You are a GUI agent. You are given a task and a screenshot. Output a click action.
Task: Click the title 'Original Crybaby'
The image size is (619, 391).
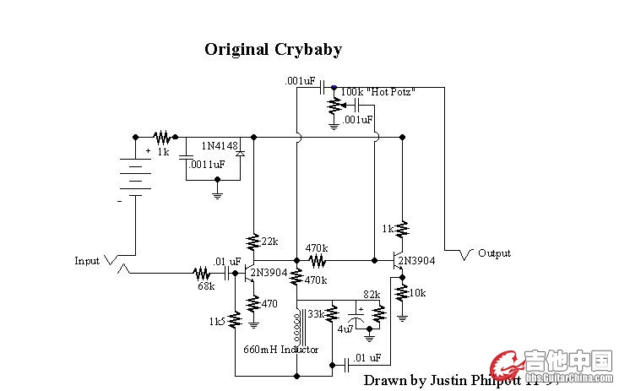[x=273, y=49]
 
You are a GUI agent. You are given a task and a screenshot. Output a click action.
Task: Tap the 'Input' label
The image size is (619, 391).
[x=87, y=261]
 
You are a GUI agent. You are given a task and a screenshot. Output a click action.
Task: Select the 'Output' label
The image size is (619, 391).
[x=494, y=253]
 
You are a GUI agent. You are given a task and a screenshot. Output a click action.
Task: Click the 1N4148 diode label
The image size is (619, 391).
[x=217, y=146]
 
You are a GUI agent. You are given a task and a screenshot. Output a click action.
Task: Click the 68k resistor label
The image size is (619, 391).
[x=206, y=286]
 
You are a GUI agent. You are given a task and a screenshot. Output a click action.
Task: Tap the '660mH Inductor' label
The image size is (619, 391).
[x=280, y=349]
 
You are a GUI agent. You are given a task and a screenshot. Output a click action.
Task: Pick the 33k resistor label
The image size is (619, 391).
[x=315, y=314]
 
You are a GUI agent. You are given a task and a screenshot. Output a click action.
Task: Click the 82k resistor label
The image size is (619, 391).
[x=372, y=295]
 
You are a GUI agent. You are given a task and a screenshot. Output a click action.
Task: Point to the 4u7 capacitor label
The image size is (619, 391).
[x=345, y=329]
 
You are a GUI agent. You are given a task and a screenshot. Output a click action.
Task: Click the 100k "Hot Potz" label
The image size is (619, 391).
[x=377, y=91]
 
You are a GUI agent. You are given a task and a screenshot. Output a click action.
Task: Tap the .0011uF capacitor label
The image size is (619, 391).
[x=207, y=165]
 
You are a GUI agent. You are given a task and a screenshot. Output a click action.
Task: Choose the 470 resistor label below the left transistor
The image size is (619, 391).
[x=269, y=304]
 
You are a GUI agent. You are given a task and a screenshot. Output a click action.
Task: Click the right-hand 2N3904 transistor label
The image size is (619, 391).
[x=416, y=261]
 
